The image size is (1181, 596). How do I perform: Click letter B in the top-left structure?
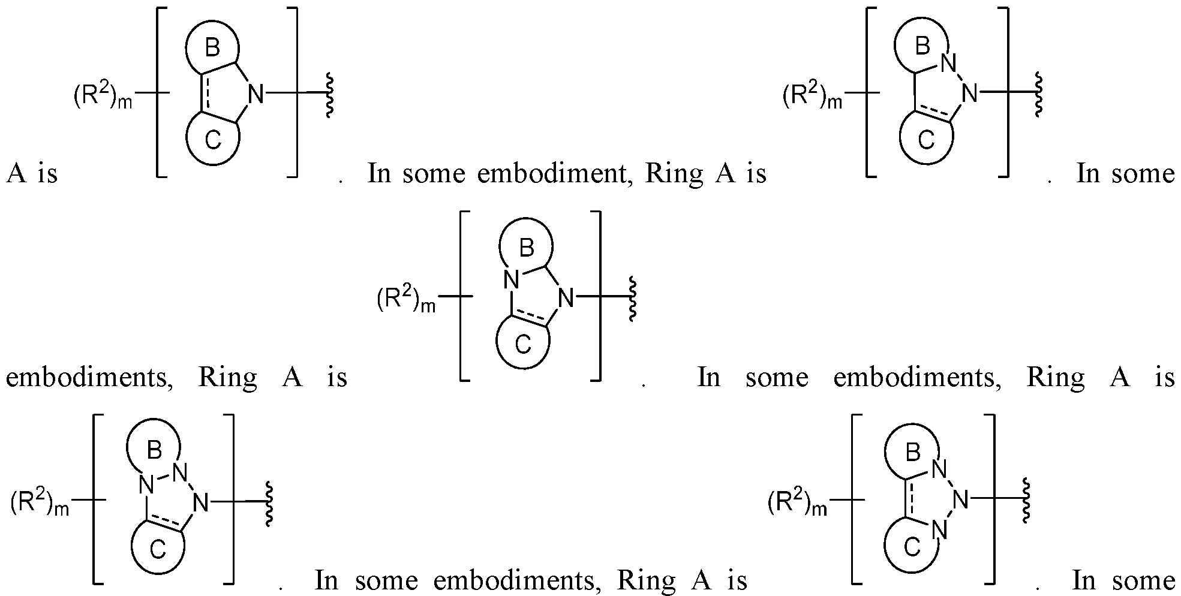[212, 48]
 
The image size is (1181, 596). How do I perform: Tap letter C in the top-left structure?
[213, 140]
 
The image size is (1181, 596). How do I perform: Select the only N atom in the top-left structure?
[256, 94]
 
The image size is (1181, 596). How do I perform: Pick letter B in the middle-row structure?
[526, 248]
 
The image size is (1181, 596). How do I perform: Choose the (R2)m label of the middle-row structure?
[406, 299]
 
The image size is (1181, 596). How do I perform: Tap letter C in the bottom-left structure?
[157, 549]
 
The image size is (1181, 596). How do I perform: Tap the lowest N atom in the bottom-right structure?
[940, 530]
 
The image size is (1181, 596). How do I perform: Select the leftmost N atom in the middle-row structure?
[510, 279]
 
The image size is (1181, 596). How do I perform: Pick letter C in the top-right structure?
[926, 140]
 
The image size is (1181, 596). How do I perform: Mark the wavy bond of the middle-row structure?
[632, 298]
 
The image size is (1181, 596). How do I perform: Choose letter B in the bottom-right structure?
[912, 453]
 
